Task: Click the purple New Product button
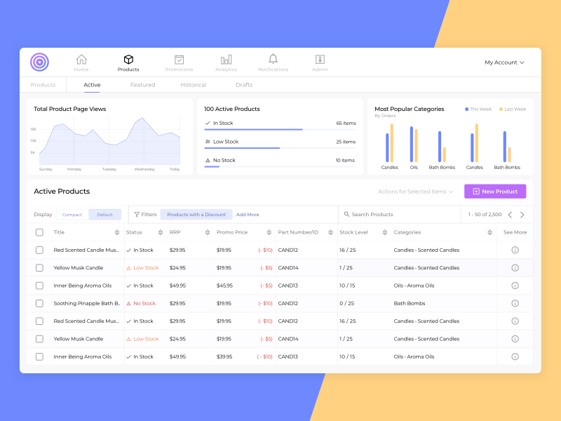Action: pos(495,192)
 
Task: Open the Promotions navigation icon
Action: pos(179,60)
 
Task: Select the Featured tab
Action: pos(142,85)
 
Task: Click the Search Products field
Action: pos(400,215)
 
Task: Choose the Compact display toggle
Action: pos(72,215)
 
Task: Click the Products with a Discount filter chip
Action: pos(196,215)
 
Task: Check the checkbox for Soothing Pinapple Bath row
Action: pos(39,304)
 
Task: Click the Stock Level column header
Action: pos(353,232)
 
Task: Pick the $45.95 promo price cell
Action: pos(224,286)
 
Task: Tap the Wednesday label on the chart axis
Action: pos(144,169)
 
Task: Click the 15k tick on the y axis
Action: pos(33,129)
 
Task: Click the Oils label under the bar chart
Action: pos(414,168)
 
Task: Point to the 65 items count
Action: pos(346,123)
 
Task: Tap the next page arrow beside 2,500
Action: pos(522,215)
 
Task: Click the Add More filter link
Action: pos(248,215)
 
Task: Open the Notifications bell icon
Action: pos(273,60)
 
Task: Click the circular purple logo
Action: pos(40,62)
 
